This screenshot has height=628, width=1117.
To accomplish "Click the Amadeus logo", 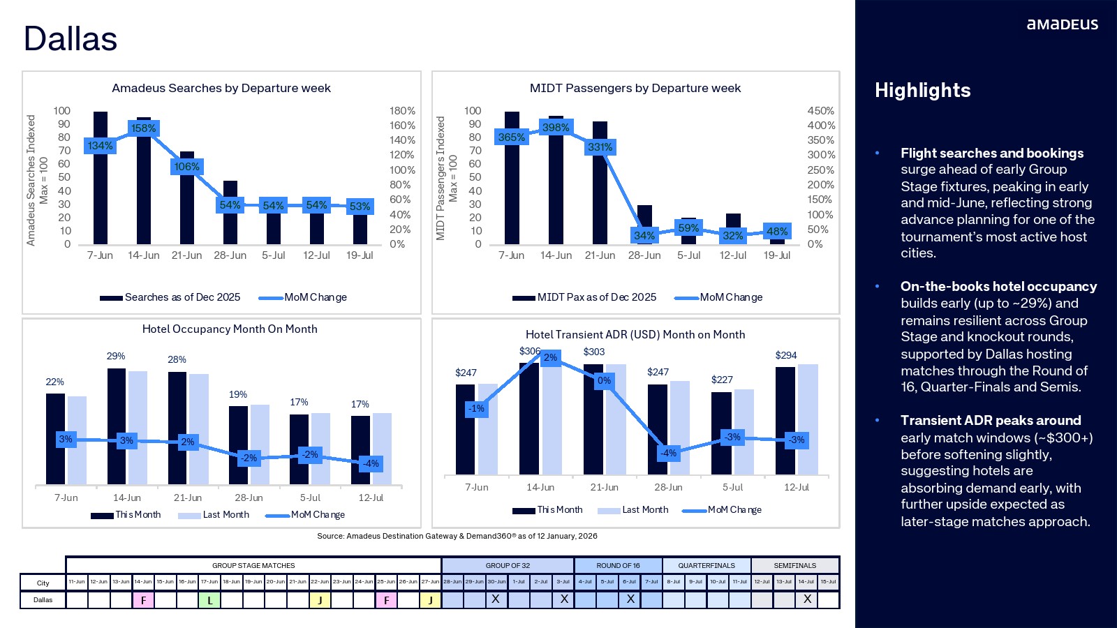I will click(x=1062, y=24).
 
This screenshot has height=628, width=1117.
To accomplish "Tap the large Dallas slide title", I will click(x=71, y=39).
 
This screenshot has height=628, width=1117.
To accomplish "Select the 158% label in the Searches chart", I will click(x=144, y=128).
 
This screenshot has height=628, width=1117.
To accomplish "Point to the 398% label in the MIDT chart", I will click(x=556, y=128).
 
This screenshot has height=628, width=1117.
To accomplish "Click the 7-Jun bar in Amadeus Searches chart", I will click(x=101, y=178).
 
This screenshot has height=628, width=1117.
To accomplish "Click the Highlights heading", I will click(x=922, y=91).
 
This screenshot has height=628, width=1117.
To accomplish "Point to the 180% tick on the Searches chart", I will click(x=402, y=111).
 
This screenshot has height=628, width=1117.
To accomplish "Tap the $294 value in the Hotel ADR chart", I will click(x=785, y=355).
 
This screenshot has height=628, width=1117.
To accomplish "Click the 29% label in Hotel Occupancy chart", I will click(x=116, y=356).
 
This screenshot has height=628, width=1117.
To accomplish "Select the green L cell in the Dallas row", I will click(x=209, y=600).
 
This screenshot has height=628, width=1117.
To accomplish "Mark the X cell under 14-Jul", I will click(x=806, y=599).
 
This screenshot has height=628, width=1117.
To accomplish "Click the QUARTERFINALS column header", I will click(x=706, y=565).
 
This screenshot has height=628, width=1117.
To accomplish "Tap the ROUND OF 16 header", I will click(x=618, y=565).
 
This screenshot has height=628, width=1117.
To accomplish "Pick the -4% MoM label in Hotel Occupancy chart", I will click(x=371, y=463).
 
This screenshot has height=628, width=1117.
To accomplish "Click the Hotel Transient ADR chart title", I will click(x=635, y=335).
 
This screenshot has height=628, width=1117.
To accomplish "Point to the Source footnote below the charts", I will click(x=457, y=536).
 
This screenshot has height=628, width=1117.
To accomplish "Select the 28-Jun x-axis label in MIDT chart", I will click(x=644, y=255).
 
